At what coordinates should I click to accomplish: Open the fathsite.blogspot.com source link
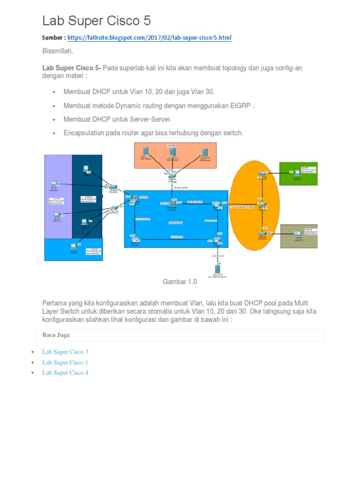point(149,37)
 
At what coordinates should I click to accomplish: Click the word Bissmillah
point(58,50)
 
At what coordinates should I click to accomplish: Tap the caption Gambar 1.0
point(180,282)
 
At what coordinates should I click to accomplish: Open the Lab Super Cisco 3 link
point(65,352)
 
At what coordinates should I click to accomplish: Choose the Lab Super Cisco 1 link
point(65,362)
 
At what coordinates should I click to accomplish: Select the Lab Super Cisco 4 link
point(65,373)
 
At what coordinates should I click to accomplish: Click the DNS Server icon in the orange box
point(146,152)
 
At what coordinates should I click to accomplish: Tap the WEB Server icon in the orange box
point(204,153)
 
